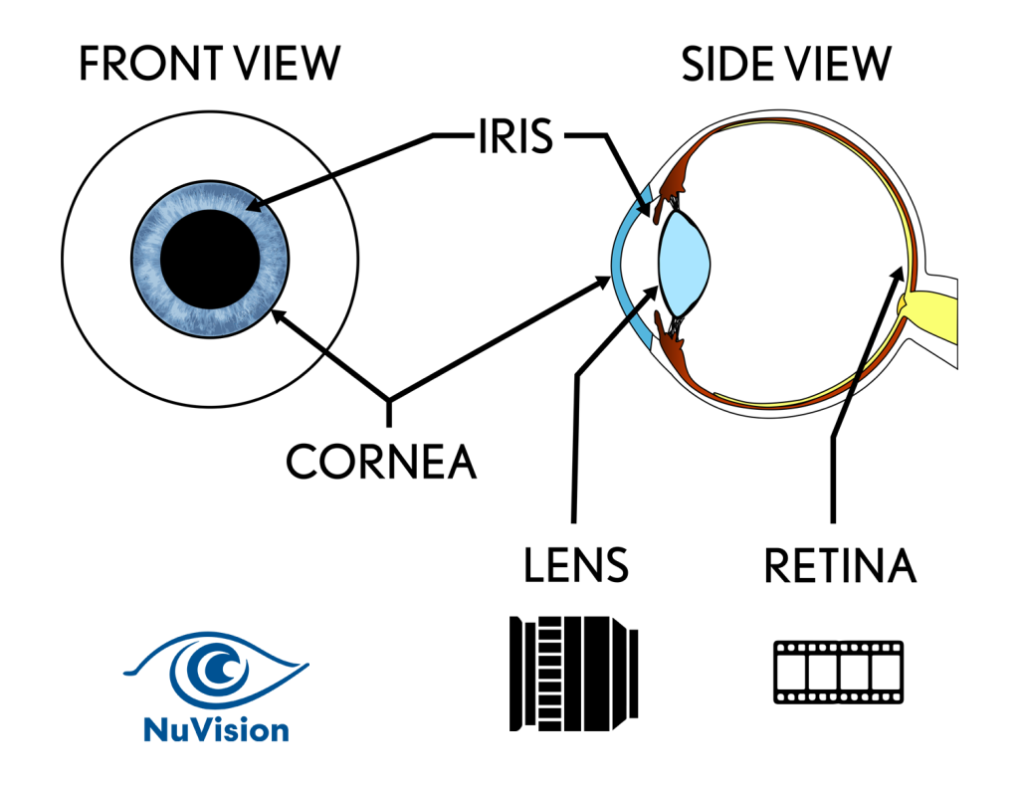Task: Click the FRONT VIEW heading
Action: click(209, 65)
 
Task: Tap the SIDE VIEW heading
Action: click(785, 65)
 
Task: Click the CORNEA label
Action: click(381, 462)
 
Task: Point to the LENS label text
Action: click(576, 565)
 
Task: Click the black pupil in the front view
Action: click(210, 260)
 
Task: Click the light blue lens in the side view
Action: click(686, 262)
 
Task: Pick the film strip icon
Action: click(838, 672)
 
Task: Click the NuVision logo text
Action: click(216, 730)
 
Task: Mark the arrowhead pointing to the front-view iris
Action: click(251, 207)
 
